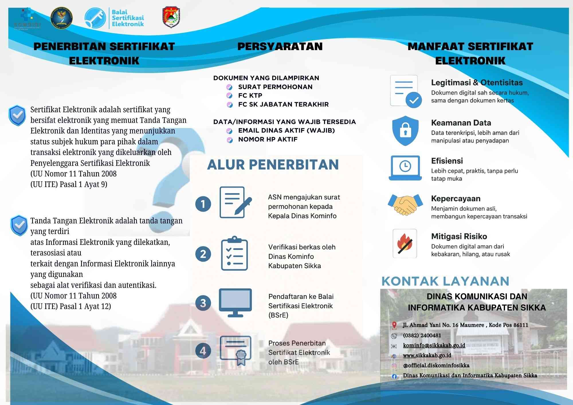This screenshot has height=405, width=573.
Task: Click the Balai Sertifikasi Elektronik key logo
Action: [x=95, y=18]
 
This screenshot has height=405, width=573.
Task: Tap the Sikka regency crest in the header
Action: [x=171, y=17]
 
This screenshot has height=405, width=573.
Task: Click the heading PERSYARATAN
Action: [x=280, y=46]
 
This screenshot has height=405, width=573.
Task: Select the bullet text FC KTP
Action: [x=250, y=95]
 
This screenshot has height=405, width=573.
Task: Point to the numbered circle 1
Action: [x=203, y=204]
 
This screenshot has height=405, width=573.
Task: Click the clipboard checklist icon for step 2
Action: [x=234, y=253]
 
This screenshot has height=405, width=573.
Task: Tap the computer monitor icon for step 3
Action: [x=235, y=302]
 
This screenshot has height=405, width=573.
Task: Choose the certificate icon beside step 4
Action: [x=236, y=350]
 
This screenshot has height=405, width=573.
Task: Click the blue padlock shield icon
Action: [x=405, y=131]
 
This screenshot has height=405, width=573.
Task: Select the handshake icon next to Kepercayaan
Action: [x=405, y=205]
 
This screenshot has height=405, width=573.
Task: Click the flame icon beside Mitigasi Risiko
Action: [x=405, y=243]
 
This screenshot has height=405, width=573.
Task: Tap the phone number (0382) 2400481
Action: [x=422, y=335]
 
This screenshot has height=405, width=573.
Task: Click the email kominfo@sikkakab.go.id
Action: [x=434, y=345]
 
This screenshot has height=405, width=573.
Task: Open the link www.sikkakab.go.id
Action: [x=427, y=355]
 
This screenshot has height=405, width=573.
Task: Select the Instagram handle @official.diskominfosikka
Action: [x=436, y=365]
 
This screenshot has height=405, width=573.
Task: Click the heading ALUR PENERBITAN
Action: [x=273, y=165]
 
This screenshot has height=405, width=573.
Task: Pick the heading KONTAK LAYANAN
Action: [x=445, y=281]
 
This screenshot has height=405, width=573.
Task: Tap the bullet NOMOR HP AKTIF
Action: [x=268, y=139]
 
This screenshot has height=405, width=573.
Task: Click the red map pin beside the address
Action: [x=394, y=325]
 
